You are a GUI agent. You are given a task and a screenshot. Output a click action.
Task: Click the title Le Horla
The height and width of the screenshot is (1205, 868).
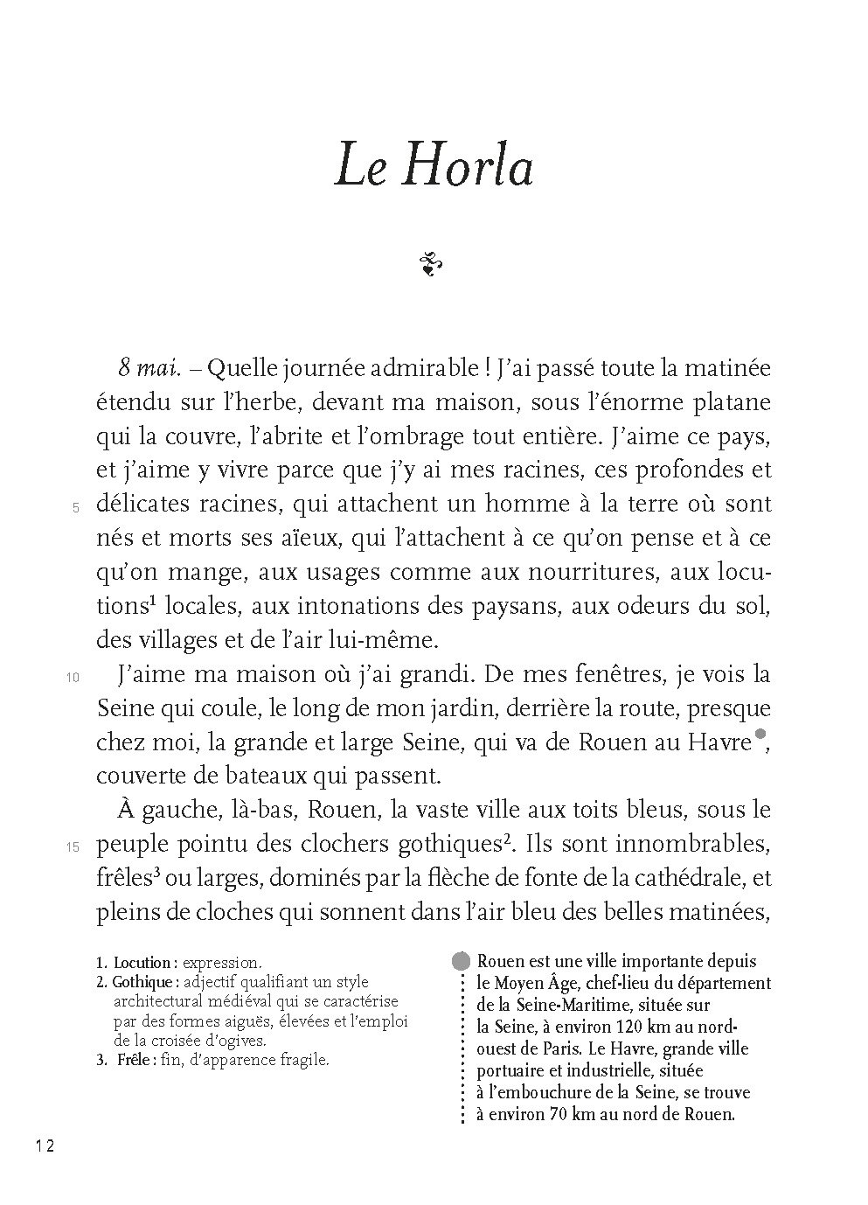tap(434, 167)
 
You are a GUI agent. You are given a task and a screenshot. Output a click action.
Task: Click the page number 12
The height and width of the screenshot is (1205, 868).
tap(45, 1146)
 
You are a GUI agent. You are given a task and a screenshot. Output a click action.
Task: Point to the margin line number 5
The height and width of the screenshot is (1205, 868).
tap(76, 507)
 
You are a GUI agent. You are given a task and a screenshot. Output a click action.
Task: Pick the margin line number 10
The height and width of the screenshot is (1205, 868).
tap(73, 677)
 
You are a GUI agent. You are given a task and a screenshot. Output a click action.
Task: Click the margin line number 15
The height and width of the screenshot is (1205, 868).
tap(73, 846)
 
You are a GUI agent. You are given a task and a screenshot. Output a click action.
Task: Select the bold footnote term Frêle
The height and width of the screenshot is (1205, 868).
tap(134, 1061)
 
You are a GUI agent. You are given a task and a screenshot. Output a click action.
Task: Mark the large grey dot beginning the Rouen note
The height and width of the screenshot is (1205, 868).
tap(460, 961)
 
